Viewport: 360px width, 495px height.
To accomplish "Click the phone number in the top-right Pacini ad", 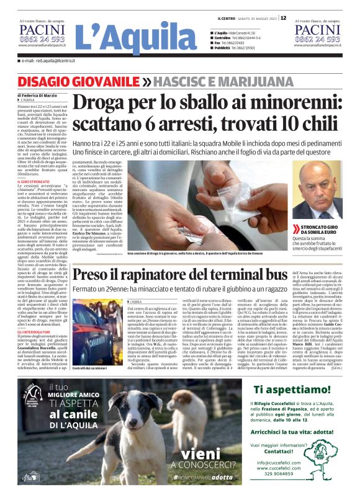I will [x=317, y=39].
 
